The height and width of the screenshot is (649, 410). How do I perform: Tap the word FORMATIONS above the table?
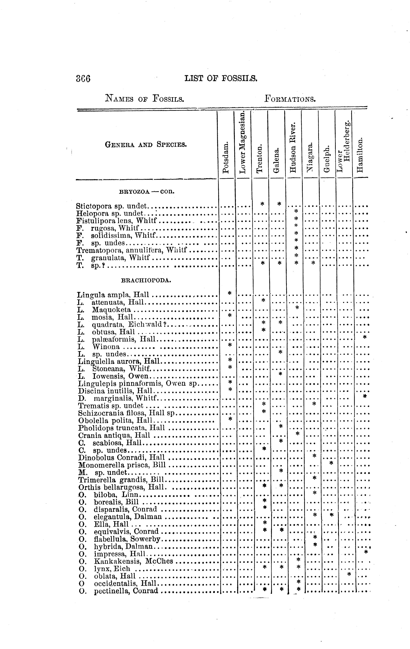tap(290, 99)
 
